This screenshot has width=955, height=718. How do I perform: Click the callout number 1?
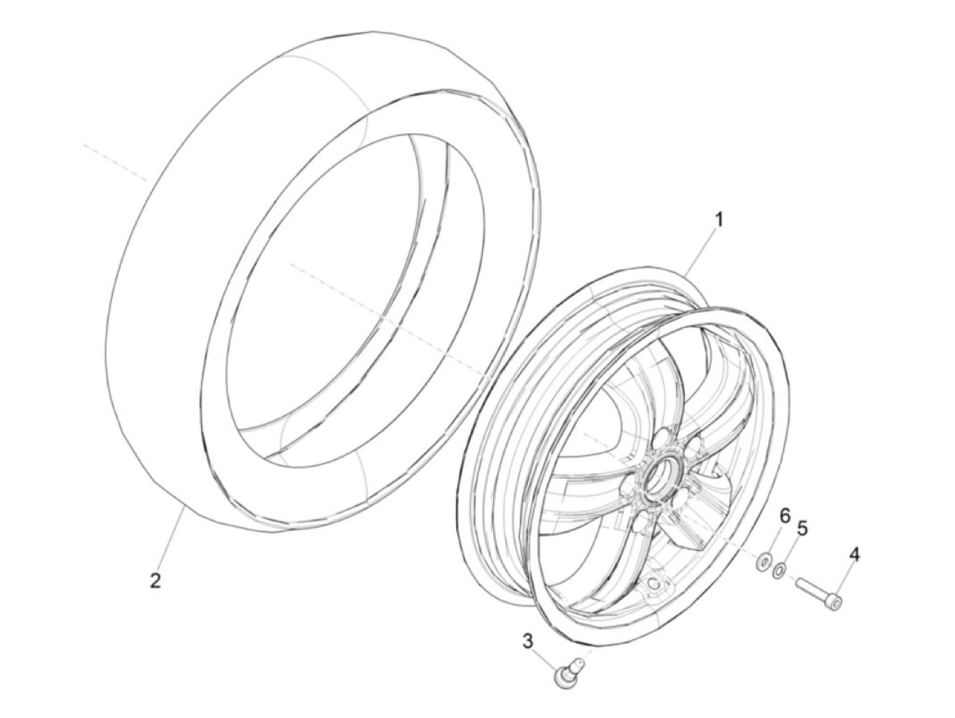point(718,220)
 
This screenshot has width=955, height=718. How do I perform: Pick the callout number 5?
point(802,528)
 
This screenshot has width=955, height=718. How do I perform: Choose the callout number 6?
point(784,516)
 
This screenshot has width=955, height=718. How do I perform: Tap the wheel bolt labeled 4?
point(819,592)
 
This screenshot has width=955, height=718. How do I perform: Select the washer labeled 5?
point(779,569)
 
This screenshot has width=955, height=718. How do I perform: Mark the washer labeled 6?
point(762,562)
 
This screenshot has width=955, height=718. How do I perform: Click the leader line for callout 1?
point(701,253)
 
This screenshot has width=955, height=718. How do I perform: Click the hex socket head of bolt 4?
point(836,601)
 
